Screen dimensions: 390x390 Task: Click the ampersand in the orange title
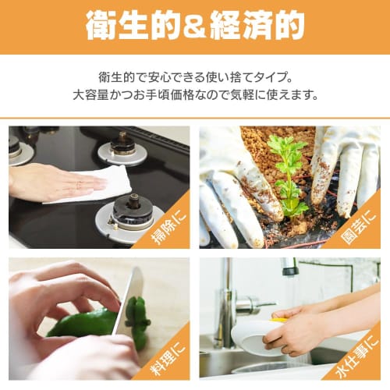coord(195,26)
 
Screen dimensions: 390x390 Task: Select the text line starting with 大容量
coord(195,96)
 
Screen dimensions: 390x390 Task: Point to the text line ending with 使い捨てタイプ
coord(195,77)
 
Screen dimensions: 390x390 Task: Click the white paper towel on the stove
coord(94,184)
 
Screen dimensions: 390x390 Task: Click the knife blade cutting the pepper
coord(130,300)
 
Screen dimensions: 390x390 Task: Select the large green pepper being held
coord(82,322)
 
